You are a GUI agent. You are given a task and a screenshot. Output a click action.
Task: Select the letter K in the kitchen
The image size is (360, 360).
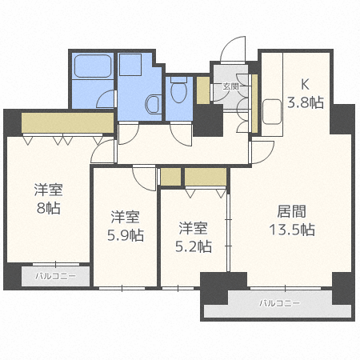point(304,83)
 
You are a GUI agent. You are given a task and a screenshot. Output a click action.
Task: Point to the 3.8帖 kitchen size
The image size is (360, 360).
point(304,102)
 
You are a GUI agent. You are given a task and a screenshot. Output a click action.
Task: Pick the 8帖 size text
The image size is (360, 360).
point(49,208)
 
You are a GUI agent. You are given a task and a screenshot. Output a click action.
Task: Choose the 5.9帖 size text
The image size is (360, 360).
point(126,235)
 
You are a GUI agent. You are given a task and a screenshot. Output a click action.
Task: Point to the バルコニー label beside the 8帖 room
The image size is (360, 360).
point(55,277)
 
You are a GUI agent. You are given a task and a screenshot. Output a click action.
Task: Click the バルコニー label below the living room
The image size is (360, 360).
point(279,304)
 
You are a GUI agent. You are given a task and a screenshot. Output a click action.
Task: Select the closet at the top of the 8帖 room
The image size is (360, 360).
point(67,122)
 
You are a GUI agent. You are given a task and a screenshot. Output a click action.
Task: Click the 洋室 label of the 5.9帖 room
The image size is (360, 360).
point(126,217)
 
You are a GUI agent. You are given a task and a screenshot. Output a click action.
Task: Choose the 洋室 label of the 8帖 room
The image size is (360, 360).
point(49,190)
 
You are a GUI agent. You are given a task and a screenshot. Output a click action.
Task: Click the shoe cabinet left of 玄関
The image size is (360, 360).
point(204,89)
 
